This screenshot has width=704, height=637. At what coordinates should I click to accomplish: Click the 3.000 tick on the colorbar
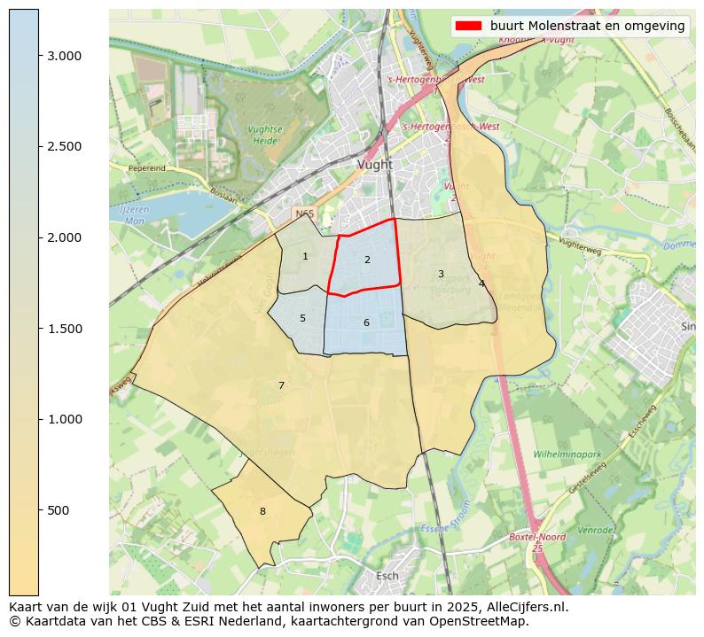(x=39, y=55)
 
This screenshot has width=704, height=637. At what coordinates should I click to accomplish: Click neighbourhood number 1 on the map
(x=305, y=257)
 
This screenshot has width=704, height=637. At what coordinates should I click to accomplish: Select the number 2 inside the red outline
(x=367, y=260)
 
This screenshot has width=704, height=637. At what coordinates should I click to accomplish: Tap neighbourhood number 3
(x=441, y=275)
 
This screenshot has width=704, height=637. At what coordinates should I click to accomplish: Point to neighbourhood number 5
(x=302, y=319)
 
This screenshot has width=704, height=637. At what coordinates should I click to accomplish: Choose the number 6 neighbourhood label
(x=366, y=323)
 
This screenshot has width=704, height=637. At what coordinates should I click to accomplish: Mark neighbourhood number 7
(x=281, y=385)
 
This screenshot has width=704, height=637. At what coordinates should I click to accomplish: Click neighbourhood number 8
(x=262, y=511)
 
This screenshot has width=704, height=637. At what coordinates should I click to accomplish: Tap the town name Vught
(x=374, y=165)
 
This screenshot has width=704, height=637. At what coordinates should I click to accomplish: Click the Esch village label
(x=387, y=576)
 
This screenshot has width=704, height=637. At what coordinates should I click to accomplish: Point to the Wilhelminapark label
(x=567, y=454)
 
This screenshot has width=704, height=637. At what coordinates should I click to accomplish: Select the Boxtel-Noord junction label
(x=536, y=538)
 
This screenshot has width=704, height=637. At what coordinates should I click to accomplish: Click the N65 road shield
(x=304, y=214)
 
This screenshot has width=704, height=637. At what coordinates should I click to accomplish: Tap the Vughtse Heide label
(x=265, y=135)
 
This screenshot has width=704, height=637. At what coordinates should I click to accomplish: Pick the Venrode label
(x=595, y=530)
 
